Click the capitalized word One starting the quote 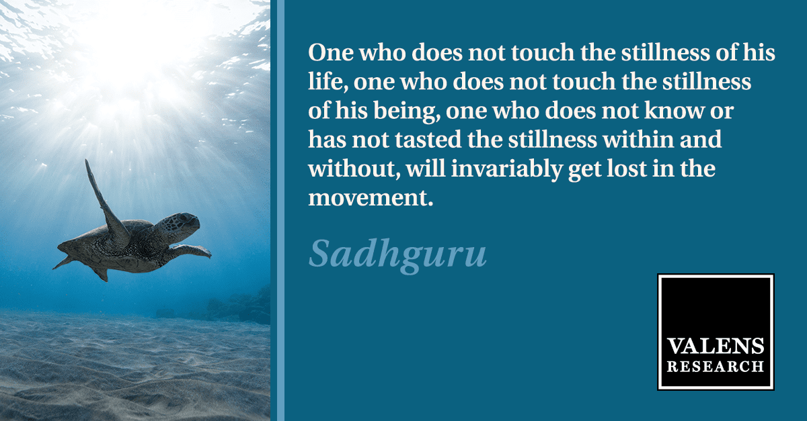(331, 52)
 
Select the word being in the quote (406, 111)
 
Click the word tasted (428, 140)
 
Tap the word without (354, 169)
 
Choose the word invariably (506, 169)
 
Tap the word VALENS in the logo (716, 346)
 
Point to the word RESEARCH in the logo (716, 367)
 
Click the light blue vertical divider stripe (277, 211)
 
